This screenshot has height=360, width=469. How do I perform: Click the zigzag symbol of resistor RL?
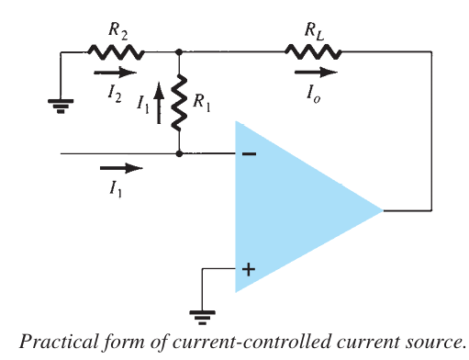click(314, 53)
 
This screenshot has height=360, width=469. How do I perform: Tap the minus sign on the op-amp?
click(248, 154)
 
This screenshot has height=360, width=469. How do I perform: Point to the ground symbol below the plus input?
click(203, 315)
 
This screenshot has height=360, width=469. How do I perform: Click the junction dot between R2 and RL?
click(179, 53)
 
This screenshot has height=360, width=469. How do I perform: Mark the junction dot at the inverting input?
click(179, 154)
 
